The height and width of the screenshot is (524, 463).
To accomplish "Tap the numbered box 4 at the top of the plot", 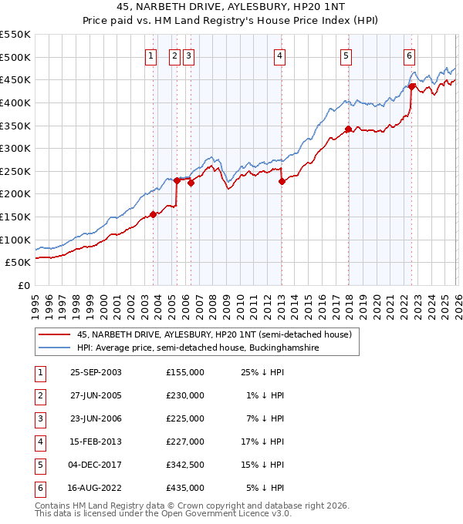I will click(x=279, y=55).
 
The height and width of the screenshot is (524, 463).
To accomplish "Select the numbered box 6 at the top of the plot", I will click(x=409, y=55).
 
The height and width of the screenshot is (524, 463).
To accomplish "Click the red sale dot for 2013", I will click(x=282, y=182).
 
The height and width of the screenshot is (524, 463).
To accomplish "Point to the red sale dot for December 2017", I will click(x=348, y=129).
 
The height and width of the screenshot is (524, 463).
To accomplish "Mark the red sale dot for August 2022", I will click(x=412, y=86).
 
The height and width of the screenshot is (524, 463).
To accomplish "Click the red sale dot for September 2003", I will click(x=153, y=215).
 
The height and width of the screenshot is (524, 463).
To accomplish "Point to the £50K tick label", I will click(x=19, y=263).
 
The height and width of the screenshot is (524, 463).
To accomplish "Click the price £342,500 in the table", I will click(x=185, y=465).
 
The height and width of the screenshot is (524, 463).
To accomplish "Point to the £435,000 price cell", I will click(x=185, y=488).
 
